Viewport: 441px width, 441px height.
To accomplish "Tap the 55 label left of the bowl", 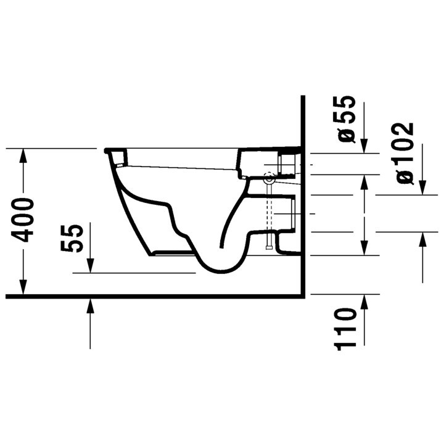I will pos(72,238).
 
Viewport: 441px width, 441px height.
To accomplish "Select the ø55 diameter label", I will pos(347,118).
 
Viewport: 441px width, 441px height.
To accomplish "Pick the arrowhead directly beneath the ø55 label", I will pos(364,147).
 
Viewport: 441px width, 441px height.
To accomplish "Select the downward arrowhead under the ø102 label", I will pos(422,187).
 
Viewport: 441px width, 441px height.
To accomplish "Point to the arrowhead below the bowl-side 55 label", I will pos(91,265).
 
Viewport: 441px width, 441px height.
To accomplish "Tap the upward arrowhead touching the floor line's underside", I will pos(91,305).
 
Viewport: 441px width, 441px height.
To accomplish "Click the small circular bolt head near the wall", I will pos(269,180).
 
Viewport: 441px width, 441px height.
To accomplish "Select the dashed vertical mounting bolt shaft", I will pos(269,216).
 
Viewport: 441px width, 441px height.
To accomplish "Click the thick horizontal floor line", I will pos(154,296).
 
